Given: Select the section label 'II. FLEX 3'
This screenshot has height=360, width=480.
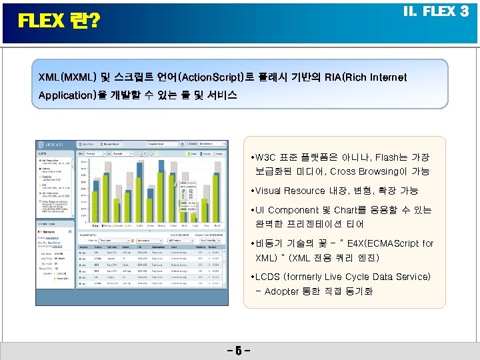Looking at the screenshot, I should [436, 11].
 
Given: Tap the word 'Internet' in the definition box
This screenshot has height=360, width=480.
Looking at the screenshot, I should [385, 77].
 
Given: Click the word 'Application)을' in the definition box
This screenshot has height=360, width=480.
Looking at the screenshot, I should [73, 95].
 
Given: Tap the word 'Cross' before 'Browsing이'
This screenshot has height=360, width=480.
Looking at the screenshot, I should [363, 172].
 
